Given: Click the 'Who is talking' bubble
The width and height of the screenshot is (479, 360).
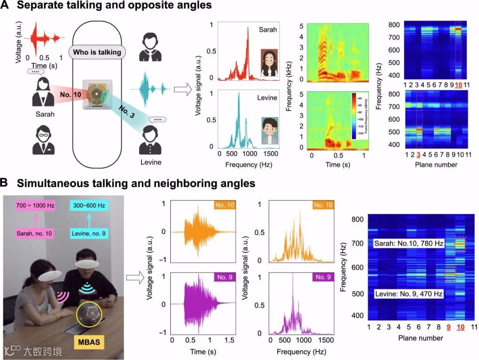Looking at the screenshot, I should coord(97,52).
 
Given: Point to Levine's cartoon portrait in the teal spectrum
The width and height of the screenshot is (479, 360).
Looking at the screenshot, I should coord(269,130).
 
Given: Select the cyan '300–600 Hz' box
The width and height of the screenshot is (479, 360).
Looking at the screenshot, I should coord(89,206).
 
